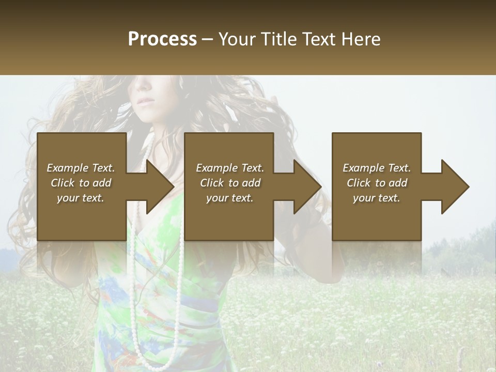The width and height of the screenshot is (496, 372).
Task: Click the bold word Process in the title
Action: click(x=162, y=39)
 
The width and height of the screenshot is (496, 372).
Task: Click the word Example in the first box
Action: click(x=67, y=168)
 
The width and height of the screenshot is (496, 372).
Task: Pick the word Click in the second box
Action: click(x=212, y=183)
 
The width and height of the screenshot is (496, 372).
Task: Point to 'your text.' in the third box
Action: click(x=377, y=198)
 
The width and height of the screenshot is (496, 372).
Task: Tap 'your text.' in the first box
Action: click(x=81, y=198)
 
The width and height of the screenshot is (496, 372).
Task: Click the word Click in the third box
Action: click(x=359, y=183)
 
